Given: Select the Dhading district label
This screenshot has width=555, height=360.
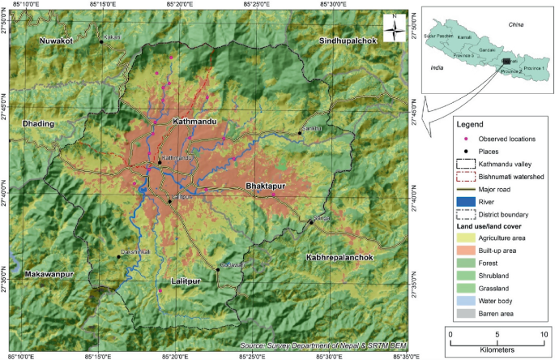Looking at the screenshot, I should (x=38, y=123).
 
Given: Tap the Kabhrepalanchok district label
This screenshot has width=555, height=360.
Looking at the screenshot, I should (x=339, y=257).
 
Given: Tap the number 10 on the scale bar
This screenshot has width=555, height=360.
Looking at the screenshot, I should (x=542, y=332).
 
